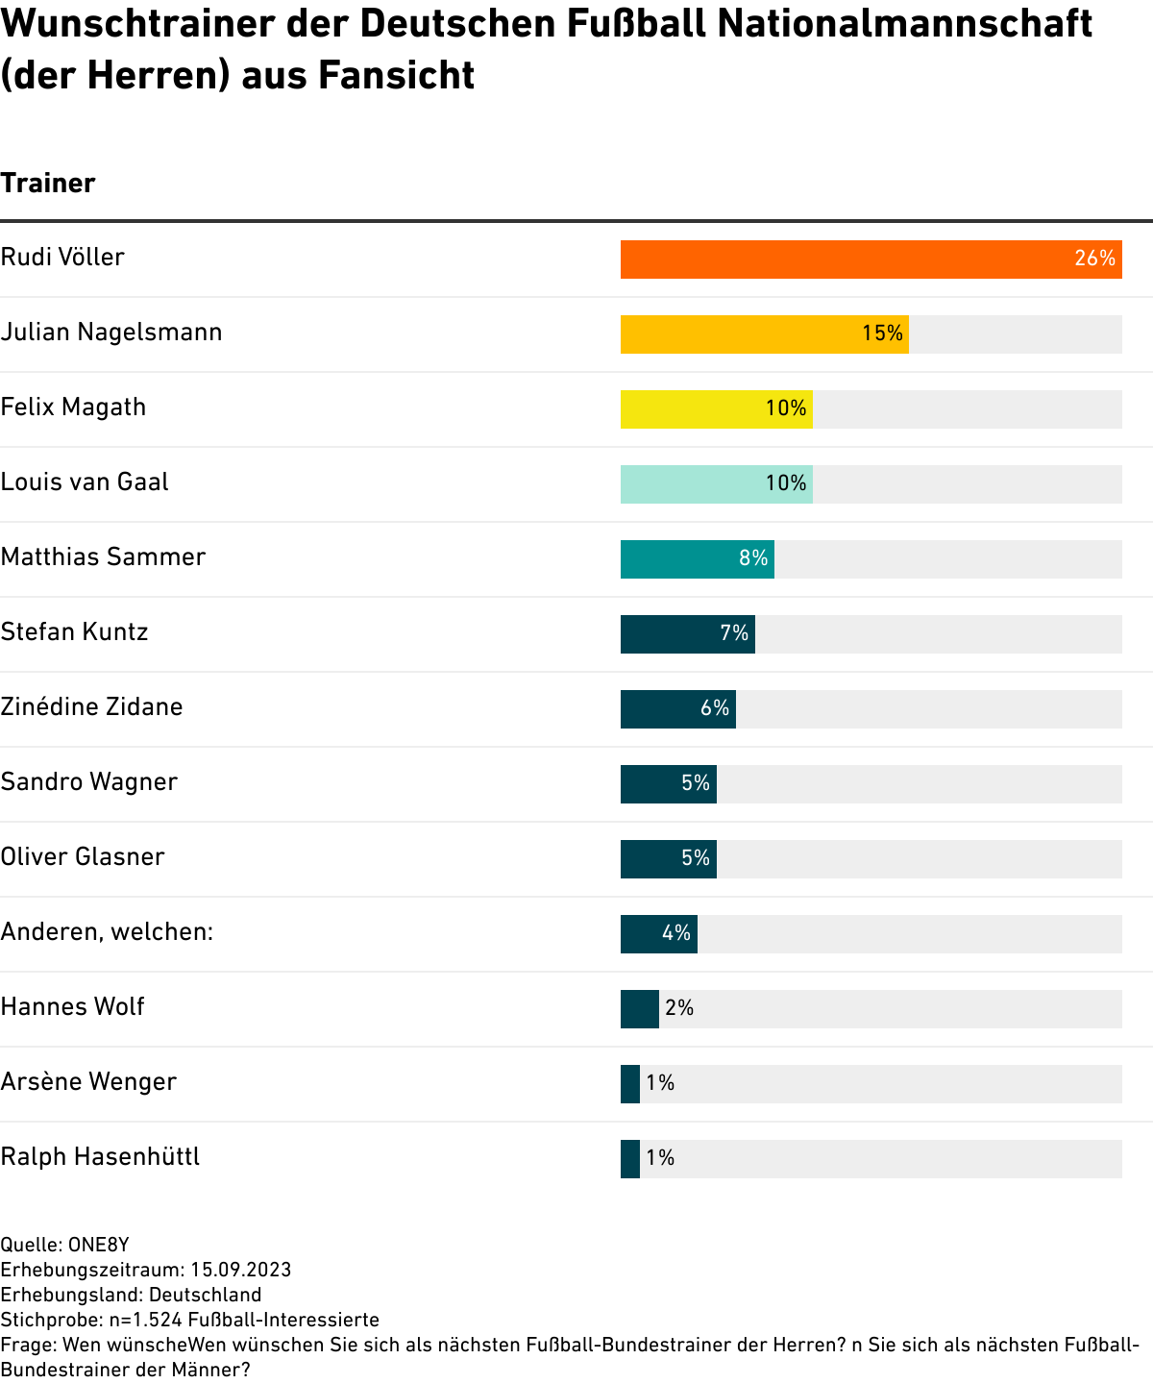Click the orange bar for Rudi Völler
[846, 259]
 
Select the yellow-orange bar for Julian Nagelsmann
[740, 334]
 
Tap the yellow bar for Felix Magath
[692, 409]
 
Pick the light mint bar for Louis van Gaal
[692, 484]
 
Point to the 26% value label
[1094, 259]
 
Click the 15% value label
[882, 334]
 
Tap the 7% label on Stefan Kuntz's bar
[734, 633]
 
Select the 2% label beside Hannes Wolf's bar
[679, 1008]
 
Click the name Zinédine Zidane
[91, 707]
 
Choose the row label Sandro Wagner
[88, 782]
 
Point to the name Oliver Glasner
[83, 857]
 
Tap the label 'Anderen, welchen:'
[107, 932]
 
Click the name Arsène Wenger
[88, 1082]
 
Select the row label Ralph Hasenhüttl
[100, 1157]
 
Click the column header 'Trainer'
[48, 184]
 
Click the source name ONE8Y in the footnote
[98, 1246]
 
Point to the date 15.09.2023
[241, 1271]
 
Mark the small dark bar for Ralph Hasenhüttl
[630, 1159]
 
